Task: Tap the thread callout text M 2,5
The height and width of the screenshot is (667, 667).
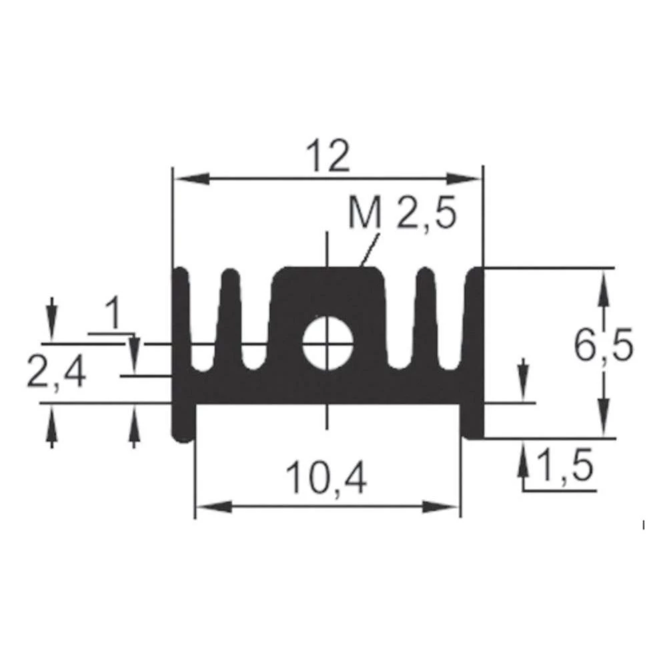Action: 402,215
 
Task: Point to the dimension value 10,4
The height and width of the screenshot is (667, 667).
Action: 326,479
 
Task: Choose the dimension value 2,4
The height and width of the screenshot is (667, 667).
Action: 57,374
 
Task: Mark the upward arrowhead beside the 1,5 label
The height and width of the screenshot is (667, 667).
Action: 524,458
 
